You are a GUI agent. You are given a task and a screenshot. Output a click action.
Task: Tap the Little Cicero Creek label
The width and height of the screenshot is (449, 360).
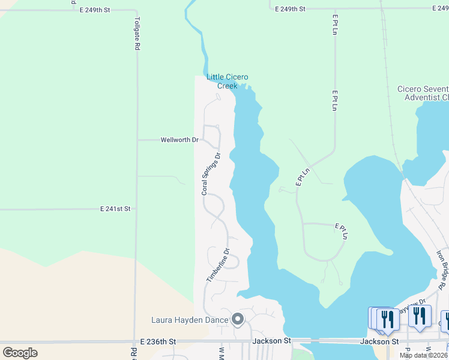(x=227, y=81)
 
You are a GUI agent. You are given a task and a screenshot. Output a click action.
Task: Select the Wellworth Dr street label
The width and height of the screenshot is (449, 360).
(x=179, y=140)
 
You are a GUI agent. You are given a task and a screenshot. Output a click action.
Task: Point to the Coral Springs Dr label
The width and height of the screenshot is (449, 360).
(x=211, y=173)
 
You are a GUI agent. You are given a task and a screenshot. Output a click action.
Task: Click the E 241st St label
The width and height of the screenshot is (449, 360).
(x=115, y=209)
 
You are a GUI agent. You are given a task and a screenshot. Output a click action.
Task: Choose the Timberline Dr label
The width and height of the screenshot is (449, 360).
(x=218, y=266)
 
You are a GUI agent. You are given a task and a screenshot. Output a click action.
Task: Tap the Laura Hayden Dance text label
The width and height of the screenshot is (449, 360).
(x=190, y=320)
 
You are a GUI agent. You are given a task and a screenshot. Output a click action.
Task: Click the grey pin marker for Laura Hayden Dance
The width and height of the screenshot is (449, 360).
(x=238, y=319)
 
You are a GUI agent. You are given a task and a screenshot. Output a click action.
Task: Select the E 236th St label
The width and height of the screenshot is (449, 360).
(x=157, y=341)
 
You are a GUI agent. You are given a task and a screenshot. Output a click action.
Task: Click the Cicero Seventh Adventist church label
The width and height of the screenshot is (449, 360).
(x=423, y=93)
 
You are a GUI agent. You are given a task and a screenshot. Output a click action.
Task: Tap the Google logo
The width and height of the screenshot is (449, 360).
(x=20, y=353)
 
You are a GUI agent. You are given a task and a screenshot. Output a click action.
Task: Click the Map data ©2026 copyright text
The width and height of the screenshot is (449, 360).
(x=424, y=355)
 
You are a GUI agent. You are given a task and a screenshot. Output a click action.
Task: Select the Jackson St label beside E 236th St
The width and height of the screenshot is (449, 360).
(x=271, y=341)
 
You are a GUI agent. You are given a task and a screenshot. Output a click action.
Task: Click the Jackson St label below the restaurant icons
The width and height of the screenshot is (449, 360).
(x=379, y=341)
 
